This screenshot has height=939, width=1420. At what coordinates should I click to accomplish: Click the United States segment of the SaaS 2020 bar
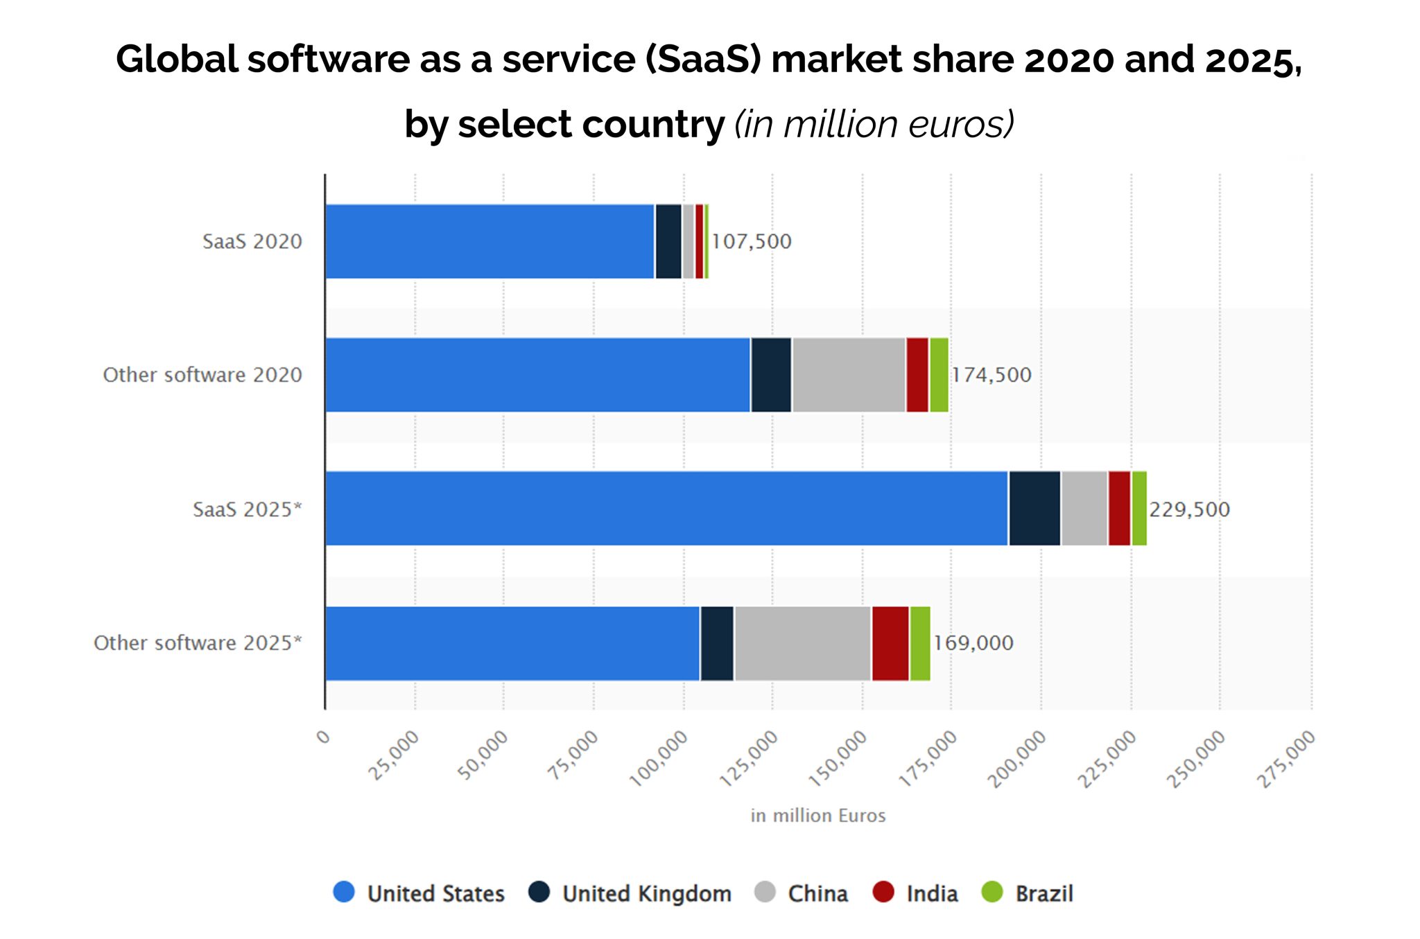pos(490,241)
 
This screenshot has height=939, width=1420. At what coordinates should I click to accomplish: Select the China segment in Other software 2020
pos(849,375)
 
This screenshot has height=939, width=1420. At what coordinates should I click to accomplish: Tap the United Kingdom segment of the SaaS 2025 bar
pos(1034,509)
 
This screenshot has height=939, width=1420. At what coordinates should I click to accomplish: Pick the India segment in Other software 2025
pos(890,643)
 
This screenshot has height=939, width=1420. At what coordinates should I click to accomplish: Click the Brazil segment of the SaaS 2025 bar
pos(1139,509)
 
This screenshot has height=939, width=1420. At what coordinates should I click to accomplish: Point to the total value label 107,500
pos(752,242)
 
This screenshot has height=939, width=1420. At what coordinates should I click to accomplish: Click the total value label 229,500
pos(1189,509)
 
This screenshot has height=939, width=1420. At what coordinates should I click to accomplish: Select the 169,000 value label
pos(973,643)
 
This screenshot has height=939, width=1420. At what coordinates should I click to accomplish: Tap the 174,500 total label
pos(992,375)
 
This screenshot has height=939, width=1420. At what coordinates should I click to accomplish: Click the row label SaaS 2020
pos(252,242)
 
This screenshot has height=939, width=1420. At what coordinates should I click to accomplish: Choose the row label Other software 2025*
pos(198,643)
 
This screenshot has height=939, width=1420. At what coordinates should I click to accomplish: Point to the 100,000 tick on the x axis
pos(659,758)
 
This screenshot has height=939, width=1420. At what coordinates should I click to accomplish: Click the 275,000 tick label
pos(1287,759)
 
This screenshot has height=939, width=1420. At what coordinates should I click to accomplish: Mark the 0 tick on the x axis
pos(323,736)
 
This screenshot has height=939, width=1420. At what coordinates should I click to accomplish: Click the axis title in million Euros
pos(818,816)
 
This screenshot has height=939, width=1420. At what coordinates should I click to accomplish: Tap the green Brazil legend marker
pos(993,892)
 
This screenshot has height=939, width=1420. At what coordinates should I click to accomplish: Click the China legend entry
pos(817,893)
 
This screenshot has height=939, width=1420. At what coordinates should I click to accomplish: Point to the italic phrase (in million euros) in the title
pos(874,125)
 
